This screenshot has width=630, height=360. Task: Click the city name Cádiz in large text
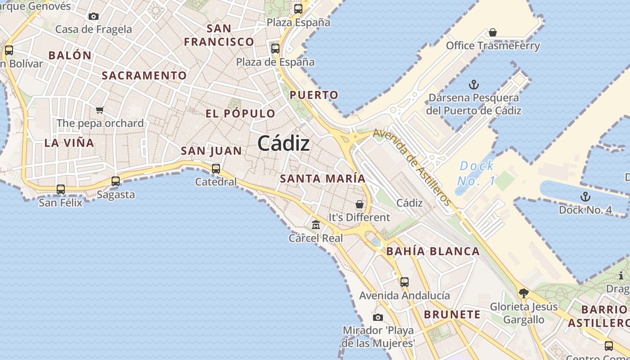[283, 144]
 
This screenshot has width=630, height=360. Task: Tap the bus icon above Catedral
[216, 169]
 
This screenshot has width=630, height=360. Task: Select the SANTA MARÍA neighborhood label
[323, 179]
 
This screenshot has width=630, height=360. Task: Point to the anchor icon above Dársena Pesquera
[473, 85]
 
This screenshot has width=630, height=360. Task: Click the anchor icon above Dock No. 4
[585, 197]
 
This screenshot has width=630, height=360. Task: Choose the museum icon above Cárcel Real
[316, 225]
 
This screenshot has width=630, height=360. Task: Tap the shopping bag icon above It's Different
[359, 204]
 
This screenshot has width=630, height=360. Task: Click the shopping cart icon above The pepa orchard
[100, 110]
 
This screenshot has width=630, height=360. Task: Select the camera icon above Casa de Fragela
[94, 17]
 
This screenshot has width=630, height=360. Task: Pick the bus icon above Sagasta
[116, 181]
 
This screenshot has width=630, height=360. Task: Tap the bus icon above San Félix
[61, 189]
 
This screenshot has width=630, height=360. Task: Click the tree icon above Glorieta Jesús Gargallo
[523, 294]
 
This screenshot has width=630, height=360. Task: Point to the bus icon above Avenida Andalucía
[405, 282]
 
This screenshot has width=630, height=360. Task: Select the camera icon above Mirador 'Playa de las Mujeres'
[378, 318]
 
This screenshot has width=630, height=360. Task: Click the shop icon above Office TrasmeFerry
[493, 32]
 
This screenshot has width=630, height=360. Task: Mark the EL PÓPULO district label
[240, 113]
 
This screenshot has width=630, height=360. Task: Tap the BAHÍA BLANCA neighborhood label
[433, 251]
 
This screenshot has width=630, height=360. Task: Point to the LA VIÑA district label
[69, 143]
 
